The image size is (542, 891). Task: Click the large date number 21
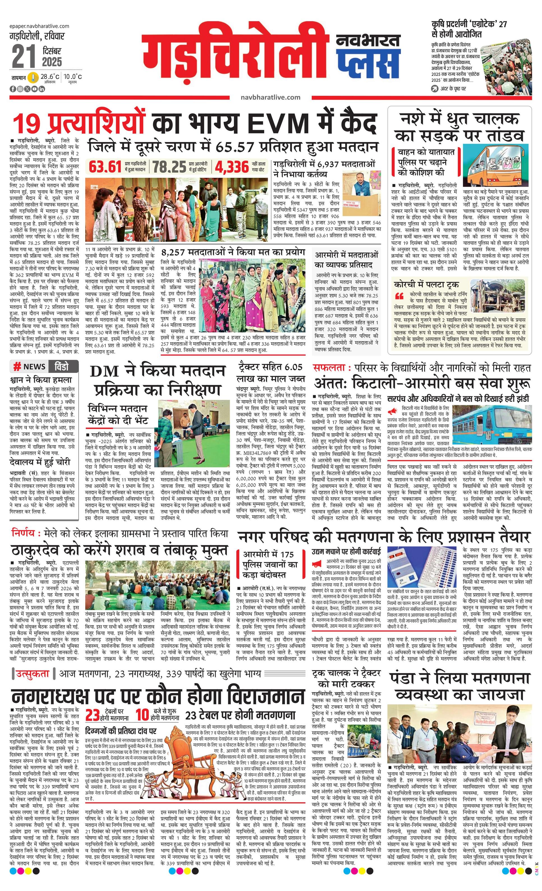click(x=24, y=56)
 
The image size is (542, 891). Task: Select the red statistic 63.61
click(x=105, y=167)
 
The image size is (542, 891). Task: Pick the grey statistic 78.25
click(x=169, y=167)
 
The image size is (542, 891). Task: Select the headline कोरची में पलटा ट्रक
click(x=426, y=284)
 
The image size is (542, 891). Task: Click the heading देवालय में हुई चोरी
click(x=40, y=462)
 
